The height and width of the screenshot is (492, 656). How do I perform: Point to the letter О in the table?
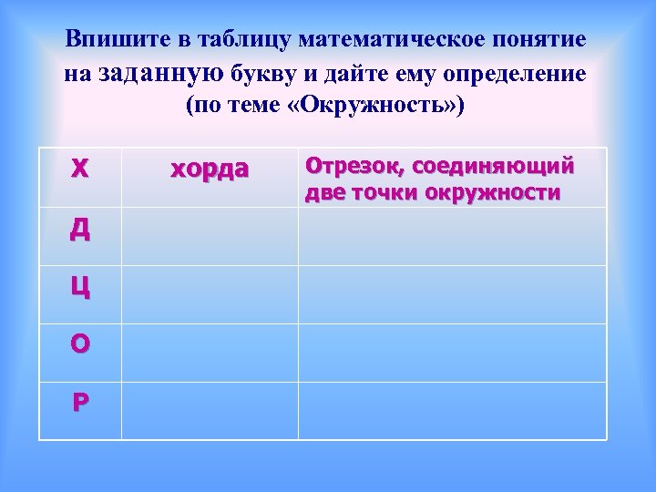click(80, 343)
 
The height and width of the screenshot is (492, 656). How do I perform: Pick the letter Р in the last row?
click(80, 402)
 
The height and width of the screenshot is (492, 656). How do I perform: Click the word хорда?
click(210, 169)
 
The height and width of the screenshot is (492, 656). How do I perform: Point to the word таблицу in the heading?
click(232, 41)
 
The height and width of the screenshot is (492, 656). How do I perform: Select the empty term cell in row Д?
click(210, 237)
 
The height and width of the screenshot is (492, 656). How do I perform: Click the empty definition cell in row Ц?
click(452, 295)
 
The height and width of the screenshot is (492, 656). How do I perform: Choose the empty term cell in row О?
click(210, 354)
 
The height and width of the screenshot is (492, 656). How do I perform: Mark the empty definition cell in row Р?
click(452, 411)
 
